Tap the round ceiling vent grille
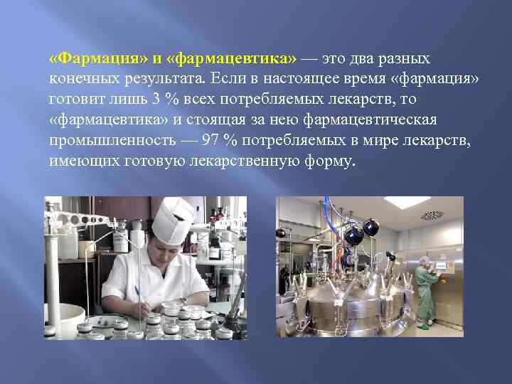[x=432, y=215]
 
